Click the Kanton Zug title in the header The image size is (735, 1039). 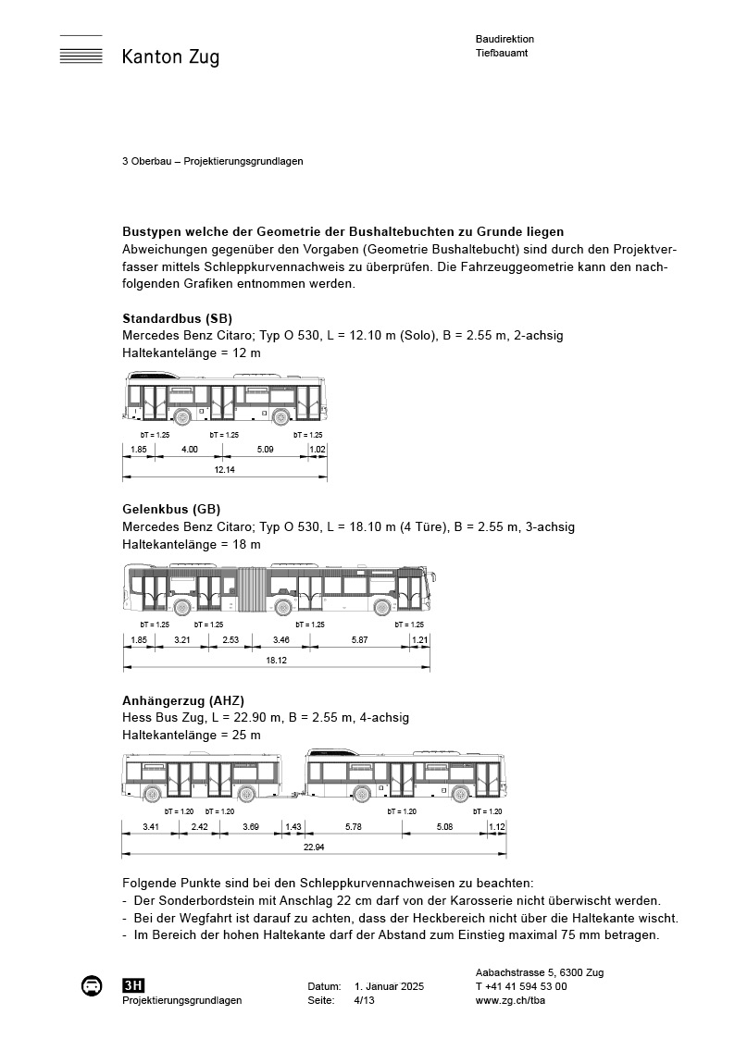click(170, 57)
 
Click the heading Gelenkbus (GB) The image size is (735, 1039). click(171, 509)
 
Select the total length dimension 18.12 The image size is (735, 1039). click(276, 661)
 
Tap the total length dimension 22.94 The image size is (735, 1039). click(314, 847)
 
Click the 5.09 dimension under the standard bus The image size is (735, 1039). click(264, 450)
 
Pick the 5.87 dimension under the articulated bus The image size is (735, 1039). click(360, 640)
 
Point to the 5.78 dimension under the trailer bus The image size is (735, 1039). click(353, 826)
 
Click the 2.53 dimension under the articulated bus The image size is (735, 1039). click(230, 640)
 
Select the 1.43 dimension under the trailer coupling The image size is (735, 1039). click(293, 826)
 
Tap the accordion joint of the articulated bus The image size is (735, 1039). click(251, 590)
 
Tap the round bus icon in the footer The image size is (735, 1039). click(92, 986)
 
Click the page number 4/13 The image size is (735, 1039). click(366, 1001)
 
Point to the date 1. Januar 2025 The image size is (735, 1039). click(389, 987)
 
